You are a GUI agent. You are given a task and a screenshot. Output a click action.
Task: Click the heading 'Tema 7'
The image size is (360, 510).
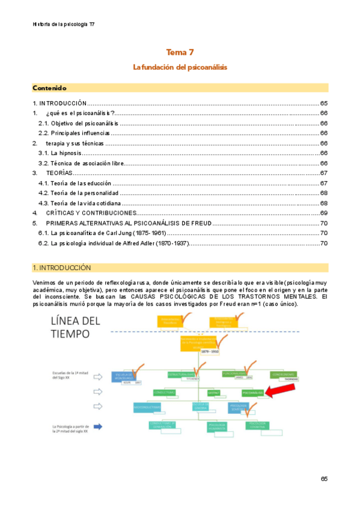180,53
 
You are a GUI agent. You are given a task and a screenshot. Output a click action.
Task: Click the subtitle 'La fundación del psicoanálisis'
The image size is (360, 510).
180,67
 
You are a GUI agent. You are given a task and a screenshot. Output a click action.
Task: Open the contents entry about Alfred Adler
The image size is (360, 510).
114,243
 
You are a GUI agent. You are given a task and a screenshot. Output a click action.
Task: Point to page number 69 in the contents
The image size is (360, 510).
323,213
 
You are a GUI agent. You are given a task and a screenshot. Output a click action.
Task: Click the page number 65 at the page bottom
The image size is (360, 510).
324,479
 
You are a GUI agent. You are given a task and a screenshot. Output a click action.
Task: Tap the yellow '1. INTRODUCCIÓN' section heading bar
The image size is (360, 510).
180,268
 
